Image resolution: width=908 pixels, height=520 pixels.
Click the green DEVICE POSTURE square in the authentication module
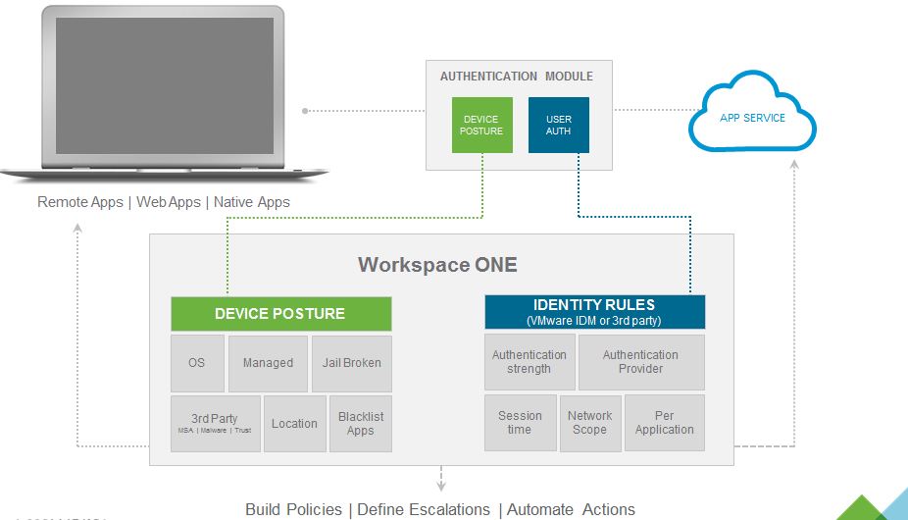481,125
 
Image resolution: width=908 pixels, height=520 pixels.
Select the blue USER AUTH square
558,125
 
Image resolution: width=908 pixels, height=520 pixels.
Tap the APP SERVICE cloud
752,119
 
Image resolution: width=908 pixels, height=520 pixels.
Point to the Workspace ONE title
437,265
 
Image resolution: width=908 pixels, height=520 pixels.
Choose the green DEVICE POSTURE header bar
280,314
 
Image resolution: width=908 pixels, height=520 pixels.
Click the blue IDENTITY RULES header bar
594,312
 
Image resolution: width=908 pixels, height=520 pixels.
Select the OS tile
197,363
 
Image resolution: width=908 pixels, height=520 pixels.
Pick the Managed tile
268,363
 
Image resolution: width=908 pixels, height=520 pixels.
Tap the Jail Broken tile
351,363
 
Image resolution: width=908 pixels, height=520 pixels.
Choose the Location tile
294,424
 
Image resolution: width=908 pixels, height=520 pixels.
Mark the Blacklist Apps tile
360,424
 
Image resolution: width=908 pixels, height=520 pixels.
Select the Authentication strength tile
530,362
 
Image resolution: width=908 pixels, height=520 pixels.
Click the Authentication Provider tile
641,362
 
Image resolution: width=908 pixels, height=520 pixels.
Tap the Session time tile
520,423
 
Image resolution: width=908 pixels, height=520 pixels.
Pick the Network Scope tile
590,423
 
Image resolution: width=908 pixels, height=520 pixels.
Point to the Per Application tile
665,423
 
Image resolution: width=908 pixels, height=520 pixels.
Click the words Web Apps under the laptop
167,202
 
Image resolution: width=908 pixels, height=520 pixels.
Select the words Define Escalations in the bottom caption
424,509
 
